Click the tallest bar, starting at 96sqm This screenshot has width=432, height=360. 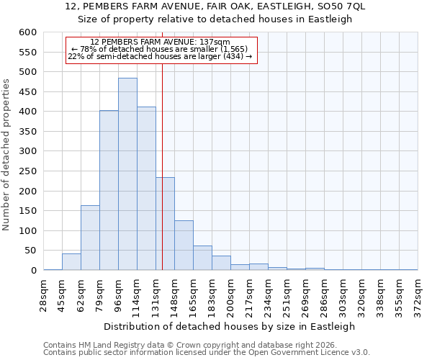[127, 174]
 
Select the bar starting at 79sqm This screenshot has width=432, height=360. [109, 190]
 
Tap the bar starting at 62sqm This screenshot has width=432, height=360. [90, 238]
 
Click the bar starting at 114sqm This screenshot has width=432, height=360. [146, 189]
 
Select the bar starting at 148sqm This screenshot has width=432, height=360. [184, 246]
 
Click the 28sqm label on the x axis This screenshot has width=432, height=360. [44, 292]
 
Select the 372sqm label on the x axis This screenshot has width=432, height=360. [418, 292]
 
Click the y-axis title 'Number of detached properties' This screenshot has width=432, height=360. [7, 151]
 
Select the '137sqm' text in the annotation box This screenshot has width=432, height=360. [214, 42]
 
